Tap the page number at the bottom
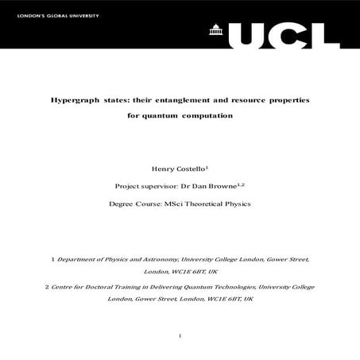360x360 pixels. click(180, 337)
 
